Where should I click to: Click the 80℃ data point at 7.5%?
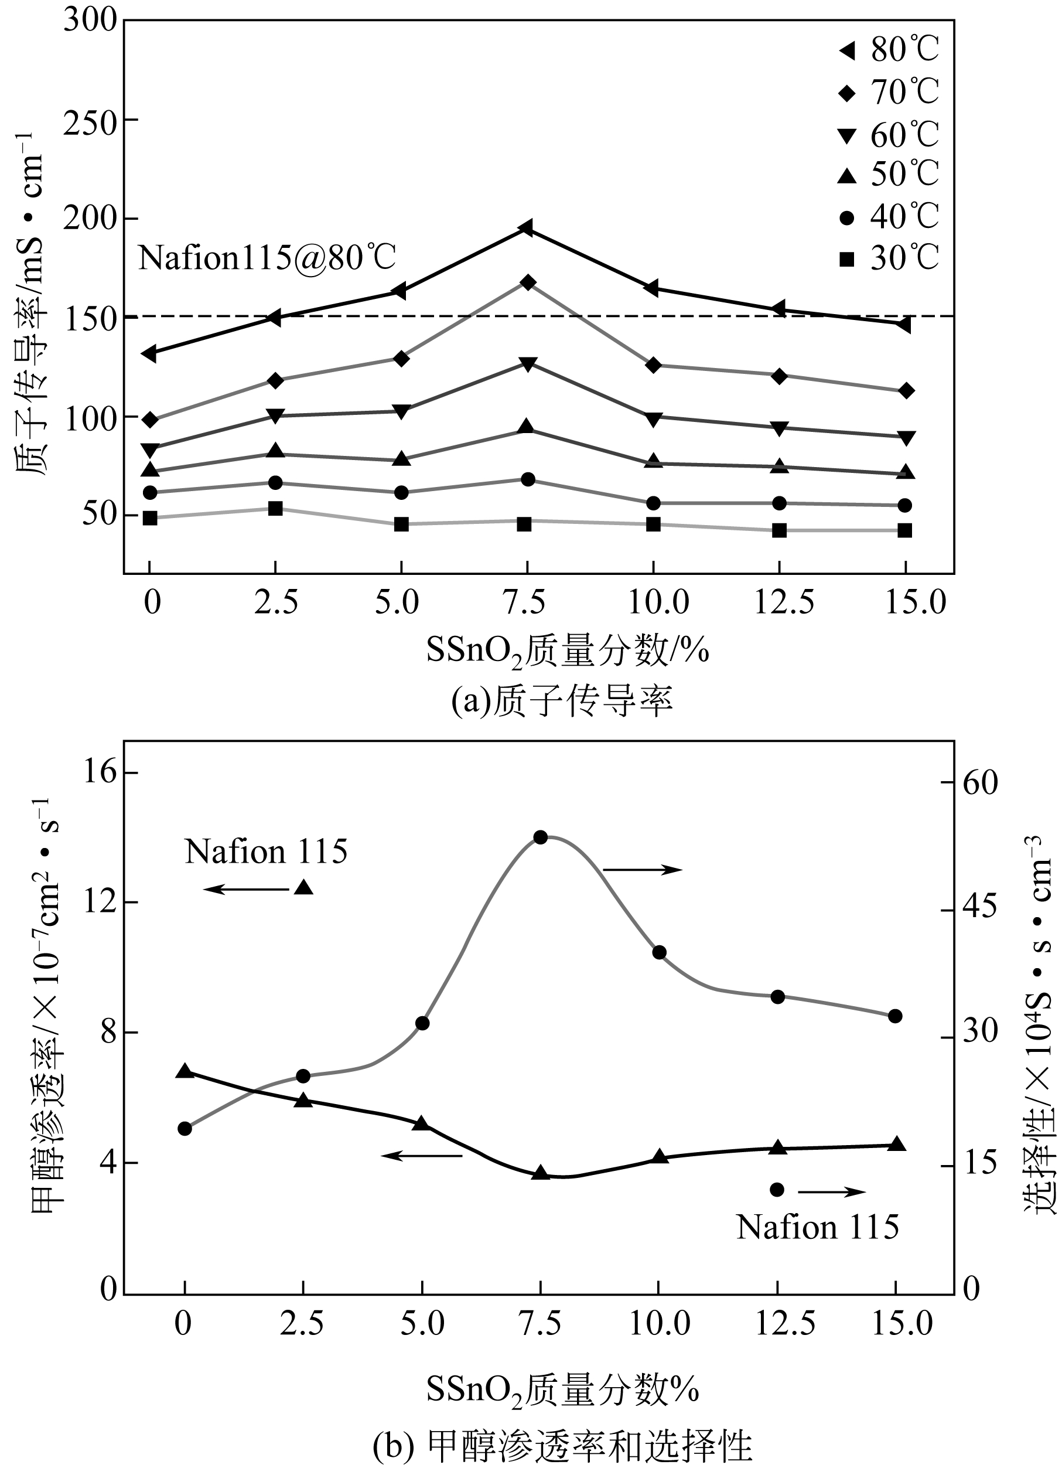pyautogui.click(x=526, y=228)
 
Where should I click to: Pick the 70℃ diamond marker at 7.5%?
pyautogui.click(x=527, y=282)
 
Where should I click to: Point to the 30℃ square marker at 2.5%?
pyautogui.click(x=275, y=508)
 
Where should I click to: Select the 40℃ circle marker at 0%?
pyautogui.click(x=150, y=493)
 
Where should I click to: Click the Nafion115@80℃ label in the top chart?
pyautogui.click(x=267, y=258)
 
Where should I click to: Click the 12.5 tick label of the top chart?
pyautogui.click(x=784, y=602)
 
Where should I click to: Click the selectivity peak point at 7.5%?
pyautogui.click(x=541, y=837)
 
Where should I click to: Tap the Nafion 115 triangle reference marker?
pyautogui.click(x=303, y=887)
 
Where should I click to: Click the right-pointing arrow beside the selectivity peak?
pyautogui.click(x=642, y=869)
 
